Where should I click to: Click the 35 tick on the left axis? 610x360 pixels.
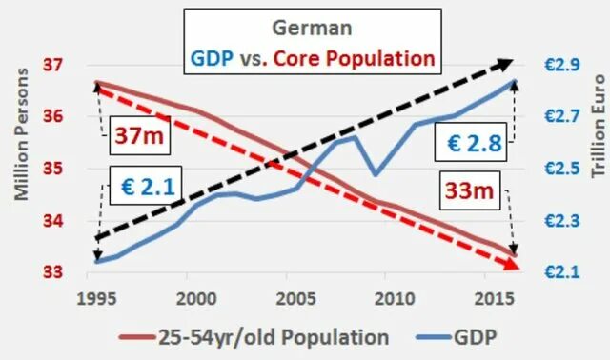[x=53, y=169]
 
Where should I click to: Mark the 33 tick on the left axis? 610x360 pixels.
[x=53, y=272]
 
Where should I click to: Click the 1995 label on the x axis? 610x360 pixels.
[x=91, y=294]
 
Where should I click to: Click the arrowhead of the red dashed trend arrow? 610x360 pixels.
[x=514, y=264]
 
